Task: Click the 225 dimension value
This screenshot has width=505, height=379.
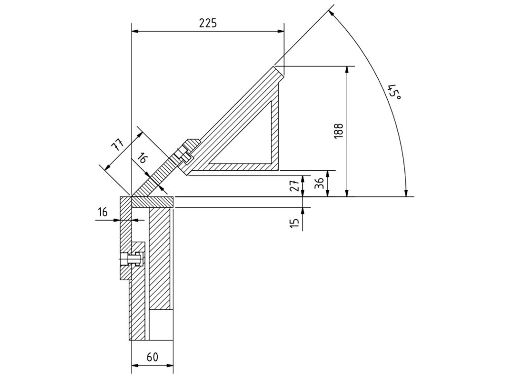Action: [x=208, y=23]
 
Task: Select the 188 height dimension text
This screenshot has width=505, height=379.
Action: [x=339, y=131]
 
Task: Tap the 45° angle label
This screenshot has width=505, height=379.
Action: [x=394, y=92]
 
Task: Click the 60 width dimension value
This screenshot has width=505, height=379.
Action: [x=152, y=357]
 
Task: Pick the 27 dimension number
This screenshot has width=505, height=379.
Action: [x=295, y=186]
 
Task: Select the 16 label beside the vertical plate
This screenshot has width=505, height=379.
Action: [x=103, y=212]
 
